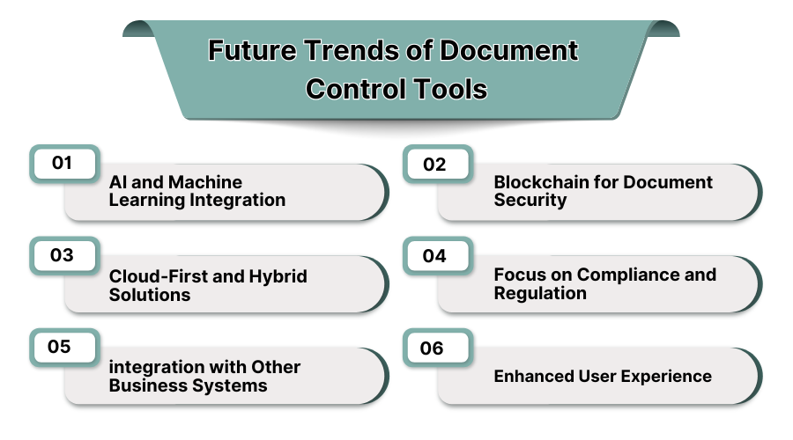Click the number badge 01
click(x=61, y=163)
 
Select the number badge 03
click(x=61, y=255)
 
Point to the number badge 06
click(x=432, y=348)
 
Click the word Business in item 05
click(x=146, y=385)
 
